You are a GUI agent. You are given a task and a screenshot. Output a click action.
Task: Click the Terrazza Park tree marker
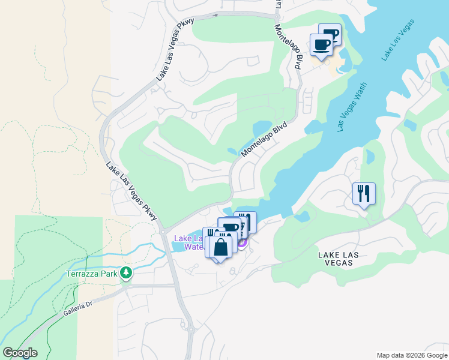coord(125,274)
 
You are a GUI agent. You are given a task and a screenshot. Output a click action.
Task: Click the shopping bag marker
coord(220,247)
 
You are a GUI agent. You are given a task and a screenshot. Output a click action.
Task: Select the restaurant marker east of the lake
coord(364,193)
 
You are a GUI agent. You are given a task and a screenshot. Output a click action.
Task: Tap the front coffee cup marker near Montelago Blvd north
coord(321,44)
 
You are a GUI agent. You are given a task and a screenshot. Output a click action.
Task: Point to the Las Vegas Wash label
coord(352,107)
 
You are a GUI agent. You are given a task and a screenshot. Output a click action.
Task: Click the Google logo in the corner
coord(20,353)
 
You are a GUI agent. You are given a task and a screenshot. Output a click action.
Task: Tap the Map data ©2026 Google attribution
coord(411,355)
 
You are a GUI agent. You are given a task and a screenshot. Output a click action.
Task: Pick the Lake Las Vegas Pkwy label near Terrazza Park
coord(132,191)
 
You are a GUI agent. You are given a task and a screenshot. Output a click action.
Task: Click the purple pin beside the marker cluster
coord(242,242)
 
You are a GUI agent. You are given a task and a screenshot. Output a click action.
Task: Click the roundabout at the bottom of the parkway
coord(191,329)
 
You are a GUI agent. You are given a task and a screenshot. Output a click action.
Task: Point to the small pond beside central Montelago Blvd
coord(262,128)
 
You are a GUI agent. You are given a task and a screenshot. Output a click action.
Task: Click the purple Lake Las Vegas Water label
coord(187,242)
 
